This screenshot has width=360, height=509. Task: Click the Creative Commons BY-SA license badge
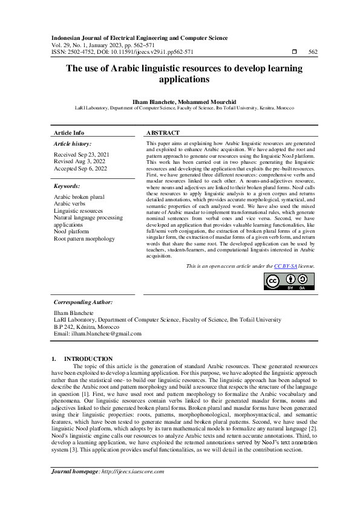(x=289, y=282)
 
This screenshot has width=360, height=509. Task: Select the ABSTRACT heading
(x=163, y=132)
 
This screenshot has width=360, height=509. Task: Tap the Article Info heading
(x=69, y=132)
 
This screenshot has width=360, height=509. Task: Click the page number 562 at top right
(x=313, y=52)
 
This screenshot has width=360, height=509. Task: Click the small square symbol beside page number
(x=293, y=52)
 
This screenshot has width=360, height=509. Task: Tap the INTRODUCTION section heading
(x=88, y=358)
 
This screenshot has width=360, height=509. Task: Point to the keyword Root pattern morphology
(x=84, y=239)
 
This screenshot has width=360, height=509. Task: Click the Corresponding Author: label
(x=83, y=302)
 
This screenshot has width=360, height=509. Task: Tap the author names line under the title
(x=180, y=100)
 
